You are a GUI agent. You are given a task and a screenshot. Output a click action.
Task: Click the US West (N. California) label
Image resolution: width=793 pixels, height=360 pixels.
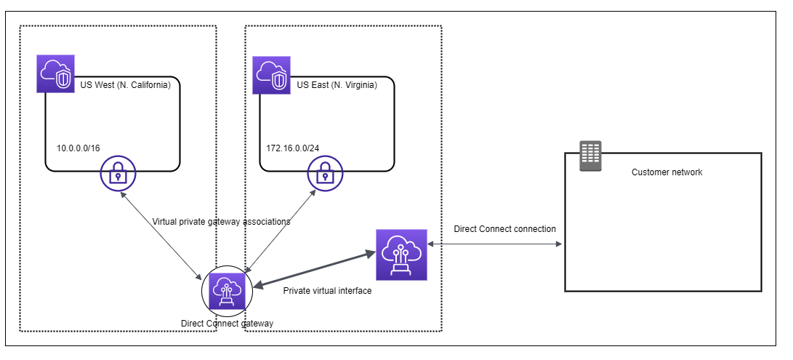pos(123,85)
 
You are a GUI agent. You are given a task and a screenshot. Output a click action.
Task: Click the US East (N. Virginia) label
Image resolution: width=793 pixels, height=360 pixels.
pos(337,85)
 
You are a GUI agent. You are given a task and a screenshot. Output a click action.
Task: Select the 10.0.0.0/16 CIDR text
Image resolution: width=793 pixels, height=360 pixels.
pos(78,148)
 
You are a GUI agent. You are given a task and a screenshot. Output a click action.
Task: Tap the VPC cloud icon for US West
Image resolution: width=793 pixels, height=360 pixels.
pos(56,75)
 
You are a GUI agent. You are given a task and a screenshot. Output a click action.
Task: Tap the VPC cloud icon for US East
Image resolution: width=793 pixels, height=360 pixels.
pos(271,75)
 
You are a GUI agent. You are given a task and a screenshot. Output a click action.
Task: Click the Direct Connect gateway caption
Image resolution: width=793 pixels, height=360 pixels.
pos(227,322)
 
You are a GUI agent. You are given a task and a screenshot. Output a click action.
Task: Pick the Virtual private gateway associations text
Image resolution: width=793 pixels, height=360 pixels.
pos(221,222)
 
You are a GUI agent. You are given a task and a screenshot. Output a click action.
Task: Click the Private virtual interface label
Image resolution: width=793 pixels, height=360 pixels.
pos(327,291)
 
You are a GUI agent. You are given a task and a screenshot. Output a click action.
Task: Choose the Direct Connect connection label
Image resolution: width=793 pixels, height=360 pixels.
pos(504,229)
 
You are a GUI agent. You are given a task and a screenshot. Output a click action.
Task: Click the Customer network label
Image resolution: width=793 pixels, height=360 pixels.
pos(667,172)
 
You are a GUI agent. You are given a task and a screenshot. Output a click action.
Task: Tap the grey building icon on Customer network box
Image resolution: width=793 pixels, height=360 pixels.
pos(589,156)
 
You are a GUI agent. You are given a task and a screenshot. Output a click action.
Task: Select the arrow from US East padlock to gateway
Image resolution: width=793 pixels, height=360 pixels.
pos(280,232)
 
